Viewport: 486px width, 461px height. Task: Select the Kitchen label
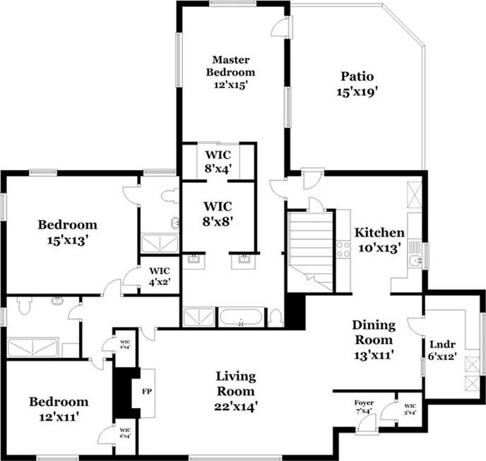(379, 239)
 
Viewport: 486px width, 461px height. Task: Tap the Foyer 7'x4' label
(364, 407)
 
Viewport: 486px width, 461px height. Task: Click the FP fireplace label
(148, 390)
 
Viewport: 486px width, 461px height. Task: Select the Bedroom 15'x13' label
(67, 232)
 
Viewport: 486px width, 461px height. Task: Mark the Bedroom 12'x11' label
(59, 409)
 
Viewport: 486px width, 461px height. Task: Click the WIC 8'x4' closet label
(218, 161)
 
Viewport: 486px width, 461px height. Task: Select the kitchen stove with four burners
(343, 249)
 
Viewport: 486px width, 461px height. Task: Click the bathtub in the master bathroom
(241, 316)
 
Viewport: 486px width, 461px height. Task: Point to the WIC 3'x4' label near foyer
(409, 409)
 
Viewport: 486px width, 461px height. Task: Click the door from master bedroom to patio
(281, 27)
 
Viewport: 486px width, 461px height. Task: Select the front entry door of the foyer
(367, 424)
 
